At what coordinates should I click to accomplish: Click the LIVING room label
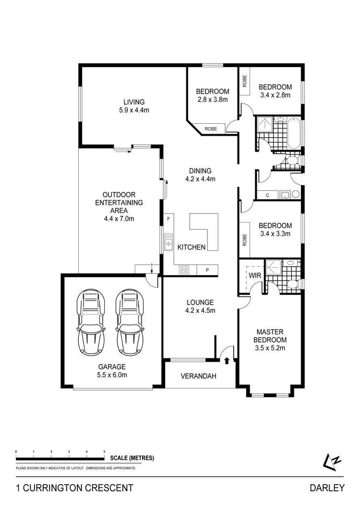[x=134, y=102]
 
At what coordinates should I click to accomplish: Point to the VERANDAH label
[x=199, y=376]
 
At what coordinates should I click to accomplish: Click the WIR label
[x=254, y=275]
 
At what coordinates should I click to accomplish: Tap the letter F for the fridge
[x=168, y=219]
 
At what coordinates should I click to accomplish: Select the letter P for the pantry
[x=207, y=270]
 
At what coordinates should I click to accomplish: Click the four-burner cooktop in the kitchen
[x=184, y=270]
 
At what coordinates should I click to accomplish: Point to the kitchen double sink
[x=168, y=242]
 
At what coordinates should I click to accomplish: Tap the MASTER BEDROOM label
[x=270, y=335]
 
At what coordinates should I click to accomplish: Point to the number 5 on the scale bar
[x=104, y=452]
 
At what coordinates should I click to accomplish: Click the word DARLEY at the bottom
[x=327, y=488]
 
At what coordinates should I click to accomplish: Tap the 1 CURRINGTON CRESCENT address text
[x=74, y=488]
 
